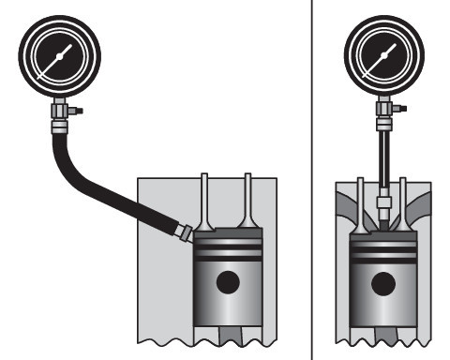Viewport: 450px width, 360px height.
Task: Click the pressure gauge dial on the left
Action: click(59, 57)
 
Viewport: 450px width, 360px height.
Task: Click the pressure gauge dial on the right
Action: click(383, 57)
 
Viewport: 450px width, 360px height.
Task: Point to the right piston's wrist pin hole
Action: click(383, 281)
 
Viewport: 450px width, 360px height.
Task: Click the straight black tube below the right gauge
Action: click(383, 159)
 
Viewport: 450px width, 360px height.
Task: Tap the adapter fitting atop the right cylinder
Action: click(383, 200)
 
